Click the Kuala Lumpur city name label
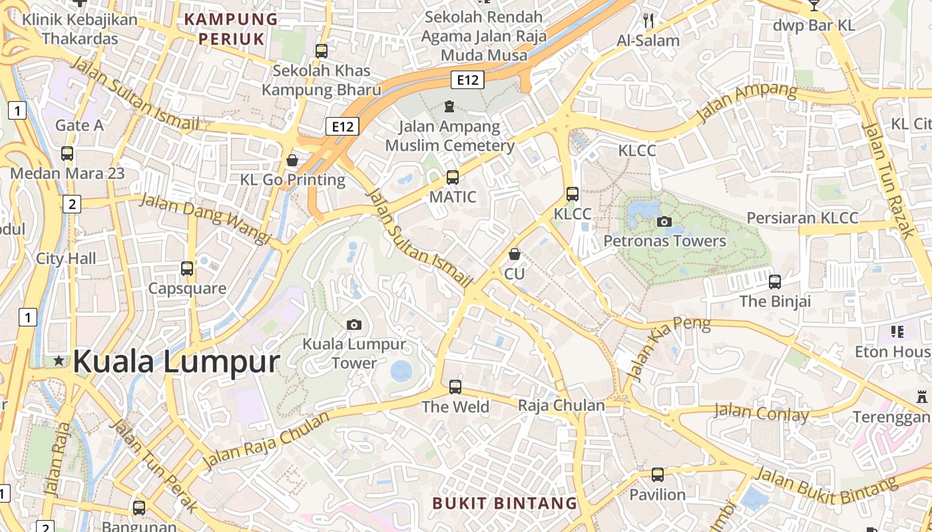click(176, 361)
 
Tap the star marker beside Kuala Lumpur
click(59, 361)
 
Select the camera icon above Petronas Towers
click(664, 221)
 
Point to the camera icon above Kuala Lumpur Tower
click(354, 325)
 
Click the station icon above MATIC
click(453, 177)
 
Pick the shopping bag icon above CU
click(514, 254)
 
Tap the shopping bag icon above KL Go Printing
click(292, 160)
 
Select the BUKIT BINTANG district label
click(505, 503)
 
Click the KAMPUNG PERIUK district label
click(230, 29)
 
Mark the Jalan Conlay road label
click(761, 413)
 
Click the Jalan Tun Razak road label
click(888, 179)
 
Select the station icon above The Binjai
click(775, 281)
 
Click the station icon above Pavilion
click(658, 475)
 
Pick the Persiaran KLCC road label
click(802, 218)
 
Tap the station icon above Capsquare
click(187, 269)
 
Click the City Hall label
click(66, 259)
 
